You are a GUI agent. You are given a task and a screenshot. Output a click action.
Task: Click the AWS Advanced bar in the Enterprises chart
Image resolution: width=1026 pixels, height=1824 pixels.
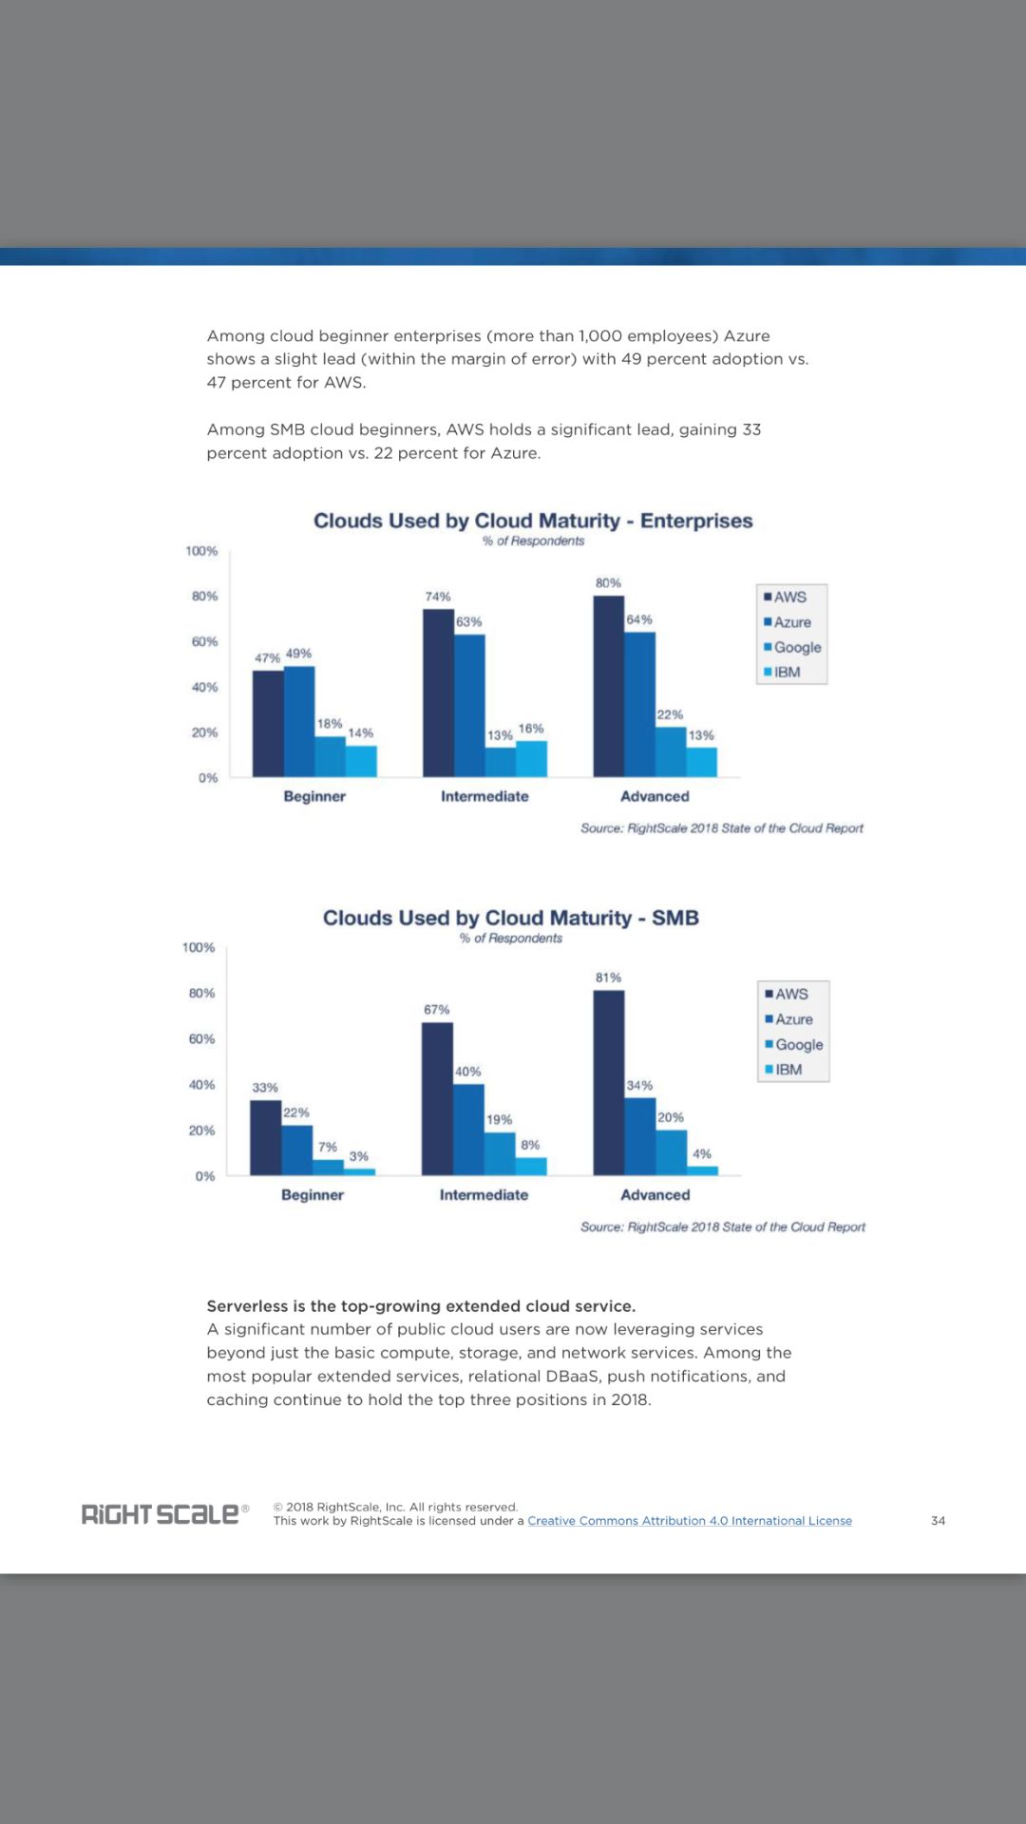pyautogui.click(x=608, y=686)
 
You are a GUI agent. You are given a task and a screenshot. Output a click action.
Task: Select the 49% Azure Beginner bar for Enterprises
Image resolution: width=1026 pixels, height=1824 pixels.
pyautogui.click(x=299, y=721)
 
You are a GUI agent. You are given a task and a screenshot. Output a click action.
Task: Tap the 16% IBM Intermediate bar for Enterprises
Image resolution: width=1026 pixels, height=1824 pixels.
pyautogui.click(x=531, y=758)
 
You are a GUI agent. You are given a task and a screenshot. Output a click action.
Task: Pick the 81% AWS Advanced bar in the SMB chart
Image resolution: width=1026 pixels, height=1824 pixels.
pyautogui.click(x=609, y=1082)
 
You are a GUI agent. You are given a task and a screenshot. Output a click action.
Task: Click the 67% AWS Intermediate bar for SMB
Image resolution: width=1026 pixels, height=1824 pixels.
pyautogui.click(x=437, y=1098)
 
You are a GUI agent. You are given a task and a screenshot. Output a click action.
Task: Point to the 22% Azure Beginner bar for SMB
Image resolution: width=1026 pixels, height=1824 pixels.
pyautogui.click(x=296, y=1149)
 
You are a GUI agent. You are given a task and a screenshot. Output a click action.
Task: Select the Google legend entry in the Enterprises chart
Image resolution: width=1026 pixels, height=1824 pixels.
pyautogui.click(x=793, y=647)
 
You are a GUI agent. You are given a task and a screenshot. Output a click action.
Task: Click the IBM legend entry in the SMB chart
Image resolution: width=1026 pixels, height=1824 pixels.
pyautogui.click(x=785, y=1069)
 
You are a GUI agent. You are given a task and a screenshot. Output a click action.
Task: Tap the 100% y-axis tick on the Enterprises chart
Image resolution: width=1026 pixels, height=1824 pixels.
pyautogui.click(x=201, y=551)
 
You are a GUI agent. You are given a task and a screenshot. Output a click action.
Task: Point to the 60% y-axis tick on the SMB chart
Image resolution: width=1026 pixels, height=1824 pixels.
pyautogui.click(x=201, y=1038)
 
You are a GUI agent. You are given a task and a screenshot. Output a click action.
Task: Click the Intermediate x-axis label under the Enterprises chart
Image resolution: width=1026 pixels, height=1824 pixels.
pyautogui.click(x=484, y=796)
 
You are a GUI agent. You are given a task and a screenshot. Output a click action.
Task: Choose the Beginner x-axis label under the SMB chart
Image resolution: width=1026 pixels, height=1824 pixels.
pyautogui.click(x=313, y=1194)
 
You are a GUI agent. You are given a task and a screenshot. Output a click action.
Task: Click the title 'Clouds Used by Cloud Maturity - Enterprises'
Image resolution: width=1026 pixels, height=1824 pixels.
pyautogui.click(x=533, y=521)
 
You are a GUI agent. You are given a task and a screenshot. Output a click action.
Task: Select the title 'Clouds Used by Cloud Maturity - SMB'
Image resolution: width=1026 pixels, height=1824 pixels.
pyautogui.click(x=511, y=918)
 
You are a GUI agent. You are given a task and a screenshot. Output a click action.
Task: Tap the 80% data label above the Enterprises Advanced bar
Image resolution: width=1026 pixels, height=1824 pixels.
pyautogui.click(x=608, y=582)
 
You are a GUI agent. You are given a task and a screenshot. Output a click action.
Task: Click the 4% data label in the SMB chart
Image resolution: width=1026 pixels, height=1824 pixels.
pyautogui.click(x=702, y=1153)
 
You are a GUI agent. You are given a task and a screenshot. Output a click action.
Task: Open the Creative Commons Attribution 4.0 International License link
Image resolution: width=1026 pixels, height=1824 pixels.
pyautogui.click(x=690, y=1520)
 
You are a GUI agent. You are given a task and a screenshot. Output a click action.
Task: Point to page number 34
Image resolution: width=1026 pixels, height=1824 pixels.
pyautogui.click(x=938, y=1520)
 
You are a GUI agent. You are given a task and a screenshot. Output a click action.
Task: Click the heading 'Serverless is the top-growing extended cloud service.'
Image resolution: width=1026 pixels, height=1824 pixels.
pyautogui.click(x=421, y=1305)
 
